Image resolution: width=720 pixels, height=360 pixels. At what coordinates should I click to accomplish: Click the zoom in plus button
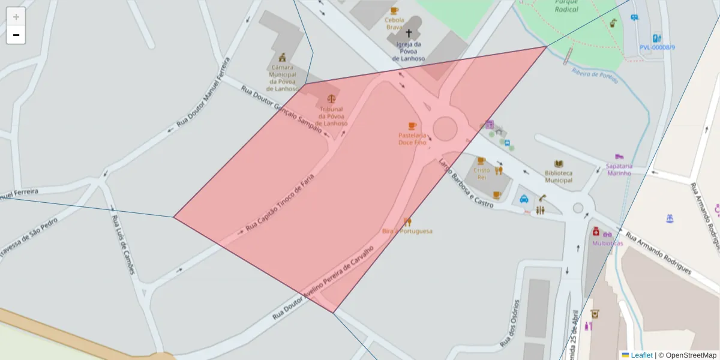pyautogui.click(x=16, y=17)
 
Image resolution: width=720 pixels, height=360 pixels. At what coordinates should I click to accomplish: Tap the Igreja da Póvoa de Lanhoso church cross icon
pyautogui.click(x=409, y=34)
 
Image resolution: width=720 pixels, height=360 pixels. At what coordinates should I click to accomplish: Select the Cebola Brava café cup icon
pyautogui.click(x=394, y=10)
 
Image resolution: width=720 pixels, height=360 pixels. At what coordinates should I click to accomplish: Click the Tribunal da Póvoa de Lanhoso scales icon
pyautogui.click(x=332, y=99)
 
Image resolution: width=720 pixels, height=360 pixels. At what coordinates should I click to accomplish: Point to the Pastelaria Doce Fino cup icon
pyautogui.click(x=412, y=125)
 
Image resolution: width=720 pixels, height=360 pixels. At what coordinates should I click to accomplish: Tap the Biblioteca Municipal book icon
pyautogui.click(x=559, y=164)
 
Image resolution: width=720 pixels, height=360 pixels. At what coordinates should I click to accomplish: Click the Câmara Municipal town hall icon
pyautogui.click(x=282, y=58)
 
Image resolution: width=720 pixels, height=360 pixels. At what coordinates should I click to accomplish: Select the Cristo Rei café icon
pyautogui.click(x=481, y=161)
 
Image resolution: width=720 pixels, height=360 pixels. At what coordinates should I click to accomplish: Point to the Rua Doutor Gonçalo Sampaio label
pyautogui.click(x=282, y=109)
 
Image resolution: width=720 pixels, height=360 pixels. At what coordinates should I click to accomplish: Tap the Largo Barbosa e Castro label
pyautogui.click(x=466, y=183)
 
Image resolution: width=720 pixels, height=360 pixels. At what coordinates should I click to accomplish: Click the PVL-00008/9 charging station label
pyautogui.click(x=657, y=47)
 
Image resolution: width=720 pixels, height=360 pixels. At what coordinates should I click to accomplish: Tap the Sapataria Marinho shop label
pyautogui.click(x=619, y=169)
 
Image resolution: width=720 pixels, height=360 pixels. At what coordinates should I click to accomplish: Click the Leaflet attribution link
pyautogui.click(x=641, y=355)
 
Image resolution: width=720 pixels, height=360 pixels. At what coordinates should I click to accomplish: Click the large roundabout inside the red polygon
pyautogui.click(x=445, y=128)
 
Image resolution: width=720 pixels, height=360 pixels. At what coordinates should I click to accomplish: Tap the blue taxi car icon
pyautogui.click(x=524, y=199)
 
